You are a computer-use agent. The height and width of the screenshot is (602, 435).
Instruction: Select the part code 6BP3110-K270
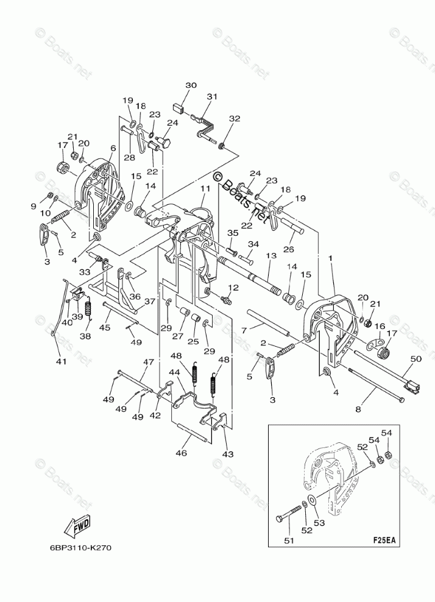click(77, 548)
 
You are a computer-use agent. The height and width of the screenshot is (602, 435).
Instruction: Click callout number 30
click(191, 85)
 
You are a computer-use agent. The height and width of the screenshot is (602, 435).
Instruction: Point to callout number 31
click(211, 96)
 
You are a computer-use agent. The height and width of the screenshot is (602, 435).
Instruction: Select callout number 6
click(113, 148)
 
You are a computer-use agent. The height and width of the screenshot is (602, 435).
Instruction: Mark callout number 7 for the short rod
click(243, 330)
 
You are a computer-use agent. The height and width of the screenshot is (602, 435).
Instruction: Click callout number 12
click(232, 287)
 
